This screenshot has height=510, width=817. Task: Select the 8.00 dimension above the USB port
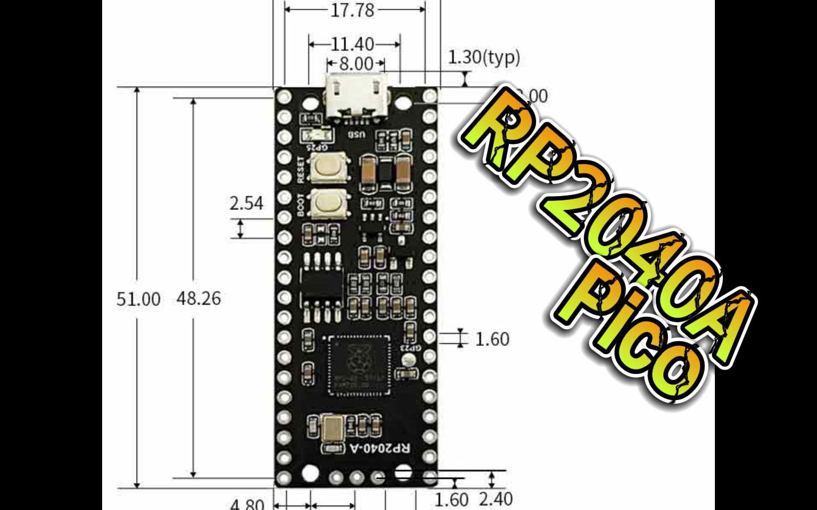[x=356, y=63]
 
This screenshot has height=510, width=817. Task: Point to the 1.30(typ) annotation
[x=484, y=57]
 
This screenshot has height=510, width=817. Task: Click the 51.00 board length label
[x=138, y=299]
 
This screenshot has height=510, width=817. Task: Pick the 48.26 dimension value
[x=199, y=298]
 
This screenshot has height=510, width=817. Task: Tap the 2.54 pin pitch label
[x=247, y=203]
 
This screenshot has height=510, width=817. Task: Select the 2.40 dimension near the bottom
[x=496, y=499]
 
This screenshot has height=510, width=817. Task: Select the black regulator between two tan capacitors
[x=385, y=170]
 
